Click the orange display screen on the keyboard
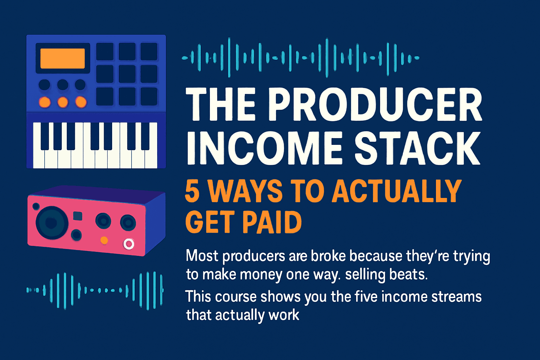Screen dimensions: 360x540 [x=63, y=58]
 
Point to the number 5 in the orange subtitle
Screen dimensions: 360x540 [x=192, y=191]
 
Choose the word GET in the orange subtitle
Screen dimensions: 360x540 [x=208, y=222]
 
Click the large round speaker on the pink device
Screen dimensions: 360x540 [x=52, y=223]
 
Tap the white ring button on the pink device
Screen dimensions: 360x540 [x=129, y=244]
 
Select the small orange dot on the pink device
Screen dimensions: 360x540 [x=104, y=240]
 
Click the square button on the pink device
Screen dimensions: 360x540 [x=77, y=216]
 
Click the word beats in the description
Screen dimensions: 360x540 [x=410, y=274]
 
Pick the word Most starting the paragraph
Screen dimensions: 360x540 [x=202, y=256]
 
